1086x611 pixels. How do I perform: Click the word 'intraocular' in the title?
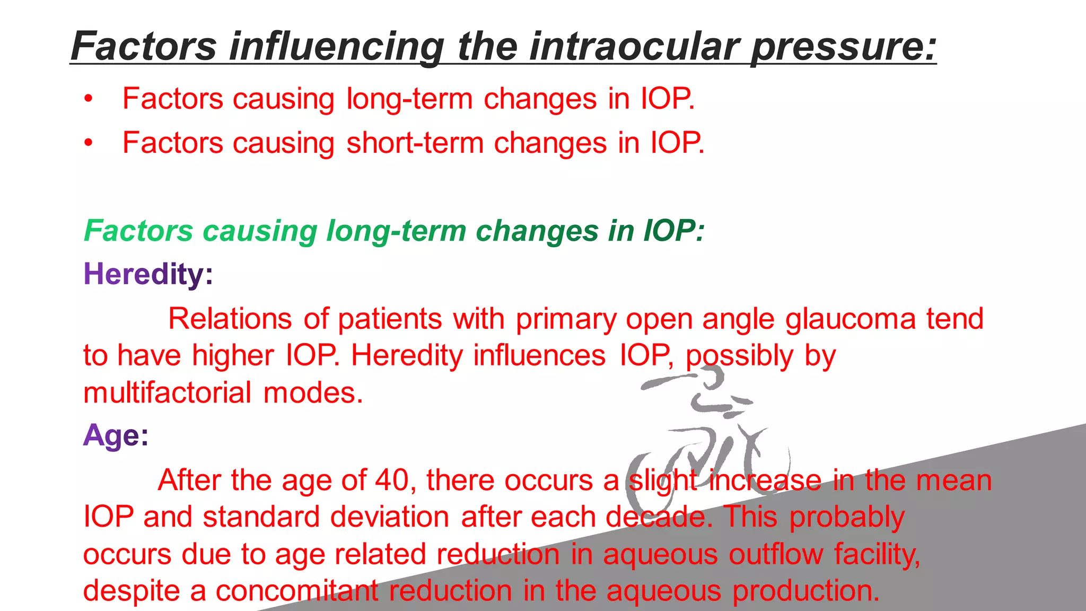(634, 47)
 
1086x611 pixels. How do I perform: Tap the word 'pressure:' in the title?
(843, 47)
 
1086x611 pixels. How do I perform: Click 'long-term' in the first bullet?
(409, 99)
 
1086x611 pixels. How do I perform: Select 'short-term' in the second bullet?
(414, 143)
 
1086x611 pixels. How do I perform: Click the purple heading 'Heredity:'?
(148, 274)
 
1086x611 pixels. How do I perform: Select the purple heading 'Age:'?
(116, 436)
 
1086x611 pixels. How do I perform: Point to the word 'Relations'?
(230, 319)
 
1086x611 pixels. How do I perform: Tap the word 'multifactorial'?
(167, 393)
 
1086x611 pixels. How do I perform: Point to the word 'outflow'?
(775, 554)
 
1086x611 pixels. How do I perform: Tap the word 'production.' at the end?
(806, 591)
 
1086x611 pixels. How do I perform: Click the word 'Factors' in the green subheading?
(138, 231)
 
